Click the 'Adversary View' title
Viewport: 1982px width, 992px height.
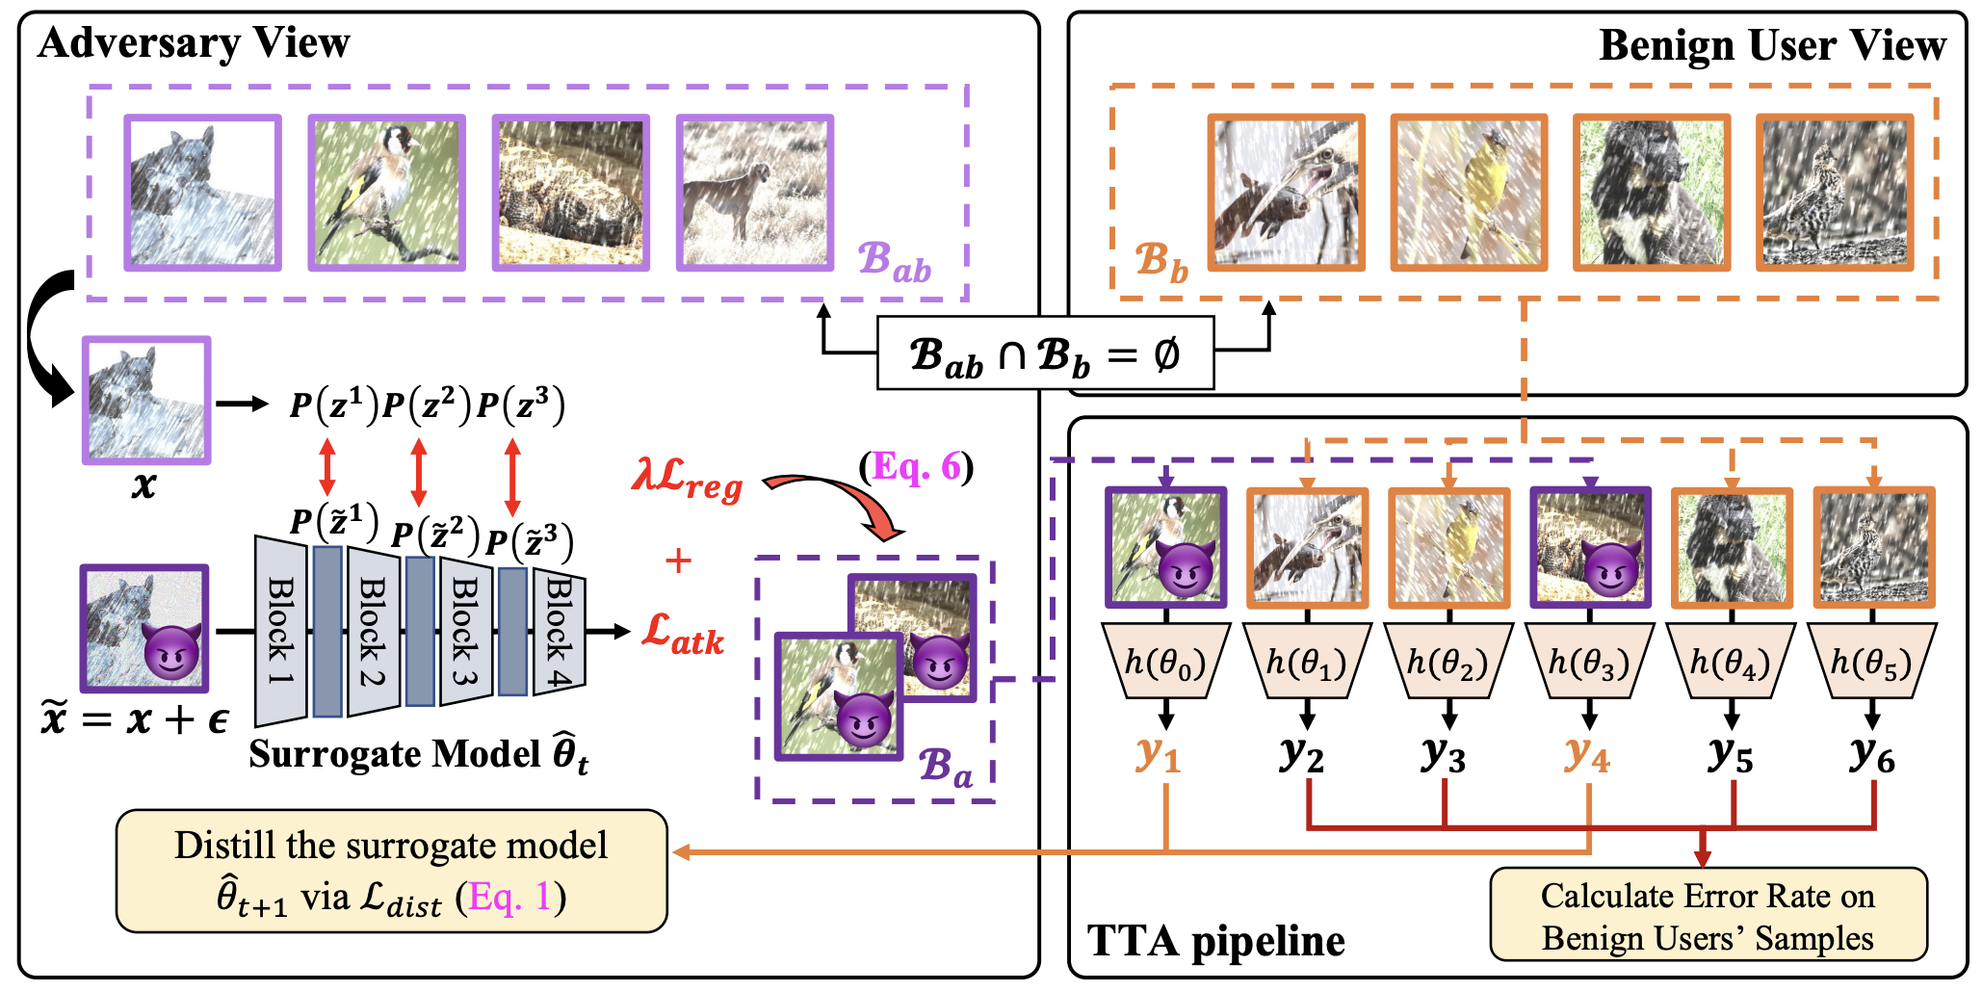coord(194,43)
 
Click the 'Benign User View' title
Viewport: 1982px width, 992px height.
coord(1772,45)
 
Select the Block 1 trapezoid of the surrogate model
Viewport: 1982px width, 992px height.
coord(280,631)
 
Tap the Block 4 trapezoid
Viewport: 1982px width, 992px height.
coord(559,631)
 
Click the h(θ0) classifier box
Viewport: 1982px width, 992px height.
coord(1165,662)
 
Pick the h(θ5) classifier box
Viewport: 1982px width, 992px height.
coord(1872,662)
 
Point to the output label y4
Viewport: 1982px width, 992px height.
coord(1587,754)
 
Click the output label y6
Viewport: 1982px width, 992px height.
coord(1872,754)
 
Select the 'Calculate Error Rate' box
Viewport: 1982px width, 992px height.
coord(1708,916)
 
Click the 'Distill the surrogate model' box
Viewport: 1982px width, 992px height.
coord(391,871)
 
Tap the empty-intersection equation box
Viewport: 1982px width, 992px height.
coord(1045,354)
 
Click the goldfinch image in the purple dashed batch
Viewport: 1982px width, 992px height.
coord(386,193)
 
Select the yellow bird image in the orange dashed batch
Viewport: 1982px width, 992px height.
coord(1469,193)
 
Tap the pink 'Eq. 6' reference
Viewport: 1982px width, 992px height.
coord(916,467)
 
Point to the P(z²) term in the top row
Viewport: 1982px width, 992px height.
coord(427,405)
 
